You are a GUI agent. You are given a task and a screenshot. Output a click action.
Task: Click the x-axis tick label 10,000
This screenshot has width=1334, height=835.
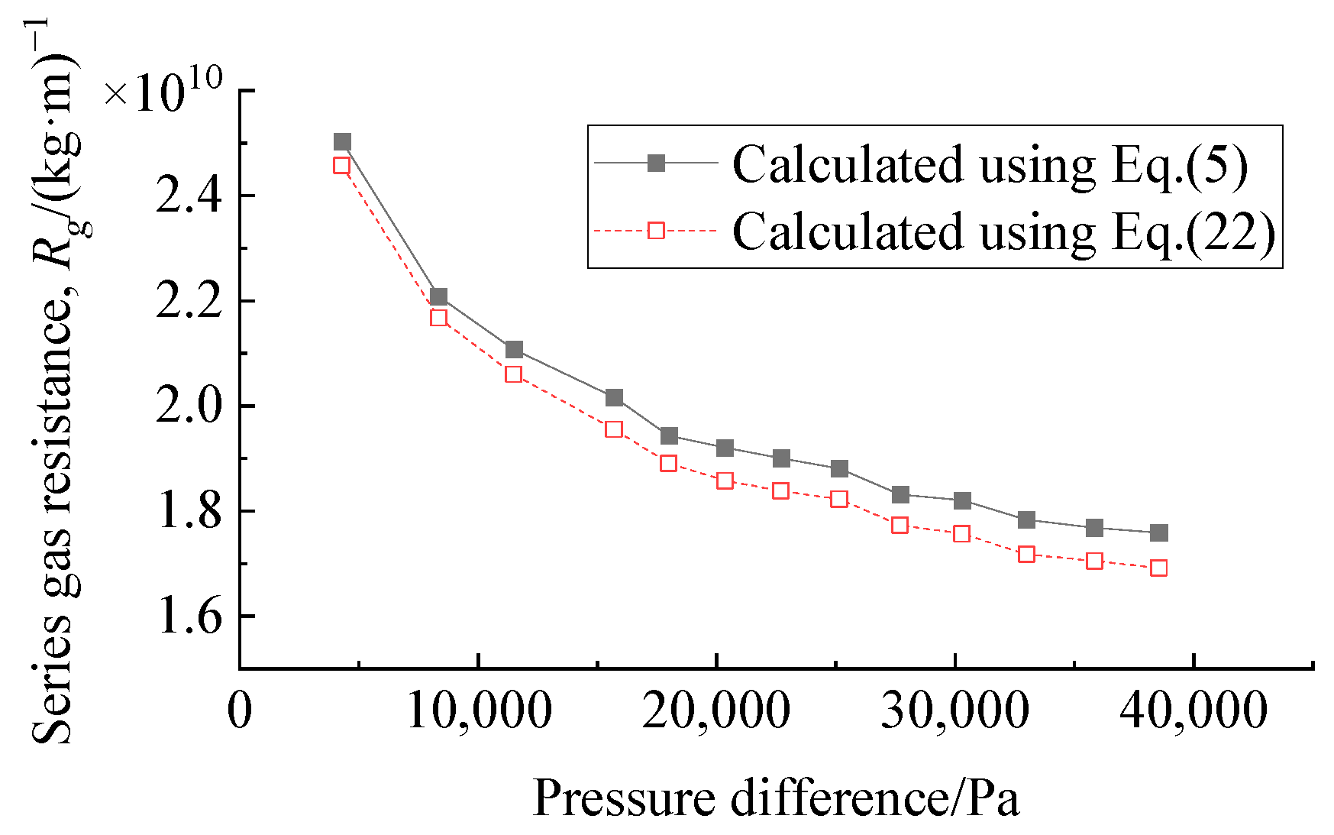[x=479, y=710]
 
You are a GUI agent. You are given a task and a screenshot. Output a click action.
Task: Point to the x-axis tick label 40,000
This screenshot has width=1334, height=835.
[x=1193, y=710]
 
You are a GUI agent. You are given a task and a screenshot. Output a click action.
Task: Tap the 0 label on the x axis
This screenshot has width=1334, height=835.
[x=240, y=710]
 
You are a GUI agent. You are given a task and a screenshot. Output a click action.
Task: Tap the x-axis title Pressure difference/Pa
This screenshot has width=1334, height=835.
[x=775, y=798]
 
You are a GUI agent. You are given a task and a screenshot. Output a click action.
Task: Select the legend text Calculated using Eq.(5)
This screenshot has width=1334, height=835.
[x=990, y=164]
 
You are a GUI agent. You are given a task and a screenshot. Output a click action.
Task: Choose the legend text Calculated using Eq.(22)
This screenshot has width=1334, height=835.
[x=1003, y=231]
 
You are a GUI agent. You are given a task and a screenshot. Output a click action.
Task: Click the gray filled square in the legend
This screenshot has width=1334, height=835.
[x=656, y=163]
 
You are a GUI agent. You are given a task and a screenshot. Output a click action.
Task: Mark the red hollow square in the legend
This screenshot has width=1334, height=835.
[x=656, y=230]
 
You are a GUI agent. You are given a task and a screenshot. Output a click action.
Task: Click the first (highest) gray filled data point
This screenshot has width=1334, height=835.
[x=342, y=142]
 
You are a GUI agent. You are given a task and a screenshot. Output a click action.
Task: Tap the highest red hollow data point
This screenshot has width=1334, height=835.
[x=341, y=166]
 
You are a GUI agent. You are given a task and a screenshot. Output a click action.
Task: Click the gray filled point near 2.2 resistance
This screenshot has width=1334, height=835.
[x=438, y=297]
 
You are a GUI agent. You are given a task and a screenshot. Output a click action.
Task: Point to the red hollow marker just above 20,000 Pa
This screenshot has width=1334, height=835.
[x=725, y=481]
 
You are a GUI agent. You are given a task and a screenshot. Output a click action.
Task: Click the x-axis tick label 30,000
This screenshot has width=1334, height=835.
[x=954, y=710]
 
